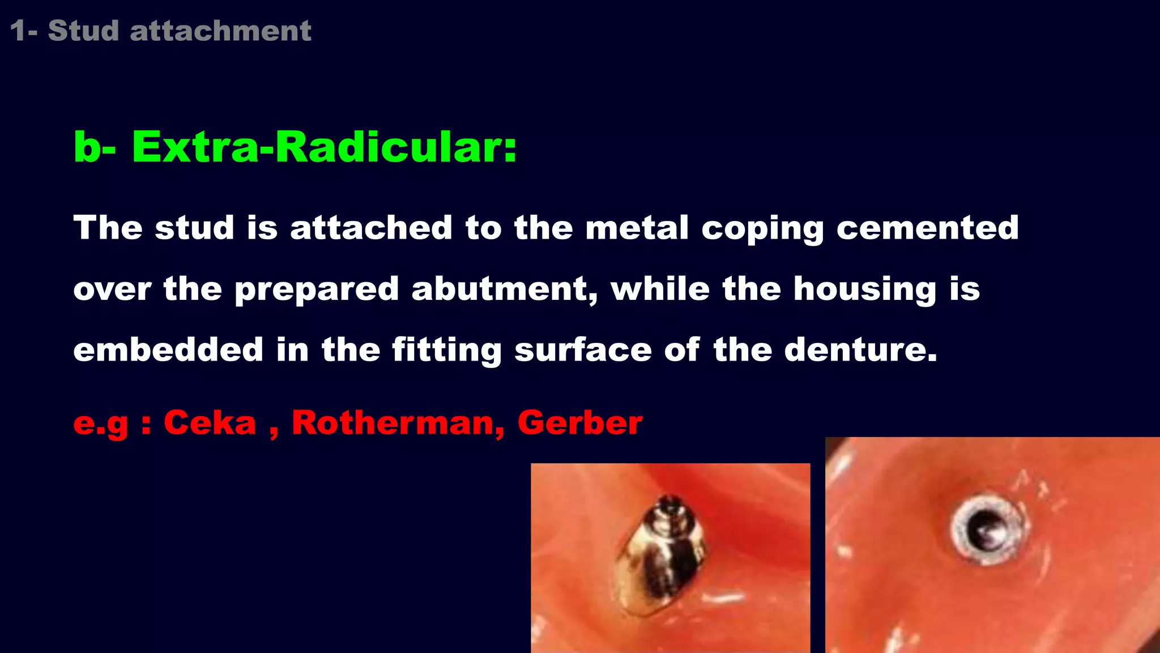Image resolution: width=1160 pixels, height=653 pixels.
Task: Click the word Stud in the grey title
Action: pos(83,31)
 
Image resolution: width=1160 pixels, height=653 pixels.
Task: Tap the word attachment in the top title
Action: pos(220,31)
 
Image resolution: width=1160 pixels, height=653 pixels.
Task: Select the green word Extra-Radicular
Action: pos(324,147)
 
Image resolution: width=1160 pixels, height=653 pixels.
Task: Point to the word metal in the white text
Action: pos(637,228)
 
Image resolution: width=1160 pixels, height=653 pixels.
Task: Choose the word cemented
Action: pos(928,228)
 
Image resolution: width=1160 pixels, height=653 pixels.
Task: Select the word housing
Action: pos(864,289)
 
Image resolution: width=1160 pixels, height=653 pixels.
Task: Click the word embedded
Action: pos(168,350)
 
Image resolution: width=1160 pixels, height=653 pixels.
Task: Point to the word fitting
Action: pos(447,350)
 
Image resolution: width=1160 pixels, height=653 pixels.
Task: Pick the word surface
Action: pos(583,350)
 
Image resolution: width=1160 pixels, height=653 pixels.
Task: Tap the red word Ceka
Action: pos(210,423)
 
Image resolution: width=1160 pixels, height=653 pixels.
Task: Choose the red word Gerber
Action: pos(580,423)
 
